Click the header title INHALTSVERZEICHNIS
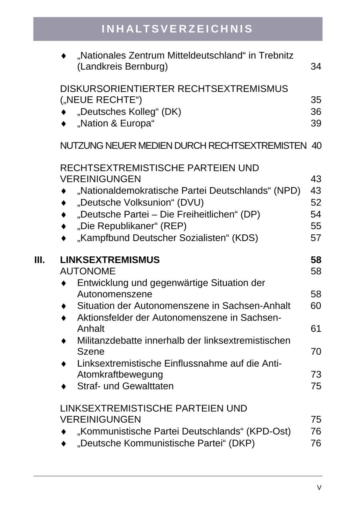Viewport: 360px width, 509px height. pos(177,29)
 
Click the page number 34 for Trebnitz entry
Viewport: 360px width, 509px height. pos(316,67)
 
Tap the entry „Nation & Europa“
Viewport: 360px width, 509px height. pos(116,124)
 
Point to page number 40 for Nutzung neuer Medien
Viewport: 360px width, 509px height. pos(316,146)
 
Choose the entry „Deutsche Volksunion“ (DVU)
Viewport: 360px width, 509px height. pos(140,203)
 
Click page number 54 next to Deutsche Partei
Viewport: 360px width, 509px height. pos(316,214)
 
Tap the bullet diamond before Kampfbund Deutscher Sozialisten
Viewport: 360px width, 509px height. pos(64,238)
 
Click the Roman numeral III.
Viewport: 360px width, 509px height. pos(40,260)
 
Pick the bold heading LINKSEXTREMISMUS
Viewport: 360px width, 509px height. pos(110,260)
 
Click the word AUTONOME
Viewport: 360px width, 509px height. pos(88,271)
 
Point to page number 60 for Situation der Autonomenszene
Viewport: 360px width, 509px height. pos(316,306)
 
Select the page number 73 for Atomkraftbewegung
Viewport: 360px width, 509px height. pos(316,375)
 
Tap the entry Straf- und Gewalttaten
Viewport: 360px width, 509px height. pos(125,386)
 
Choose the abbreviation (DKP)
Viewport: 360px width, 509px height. pos(241,443)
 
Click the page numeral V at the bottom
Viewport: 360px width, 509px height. pos(319,488)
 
